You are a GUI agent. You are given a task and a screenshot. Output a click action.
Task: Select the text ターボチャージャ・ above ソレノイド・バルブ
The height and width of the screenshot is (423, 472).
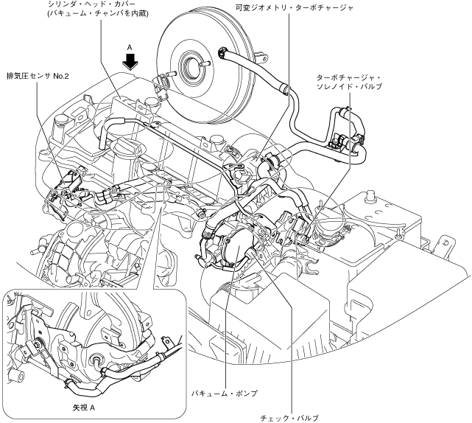coord(347,77)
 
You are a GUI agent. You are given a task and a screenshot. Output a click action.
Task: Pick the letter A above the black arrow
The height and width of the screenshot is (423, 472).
coord(130,46)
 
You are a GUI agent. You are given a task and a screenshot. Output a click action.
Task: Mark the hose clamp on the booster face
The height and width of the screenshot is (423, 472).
coord(222,53)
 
